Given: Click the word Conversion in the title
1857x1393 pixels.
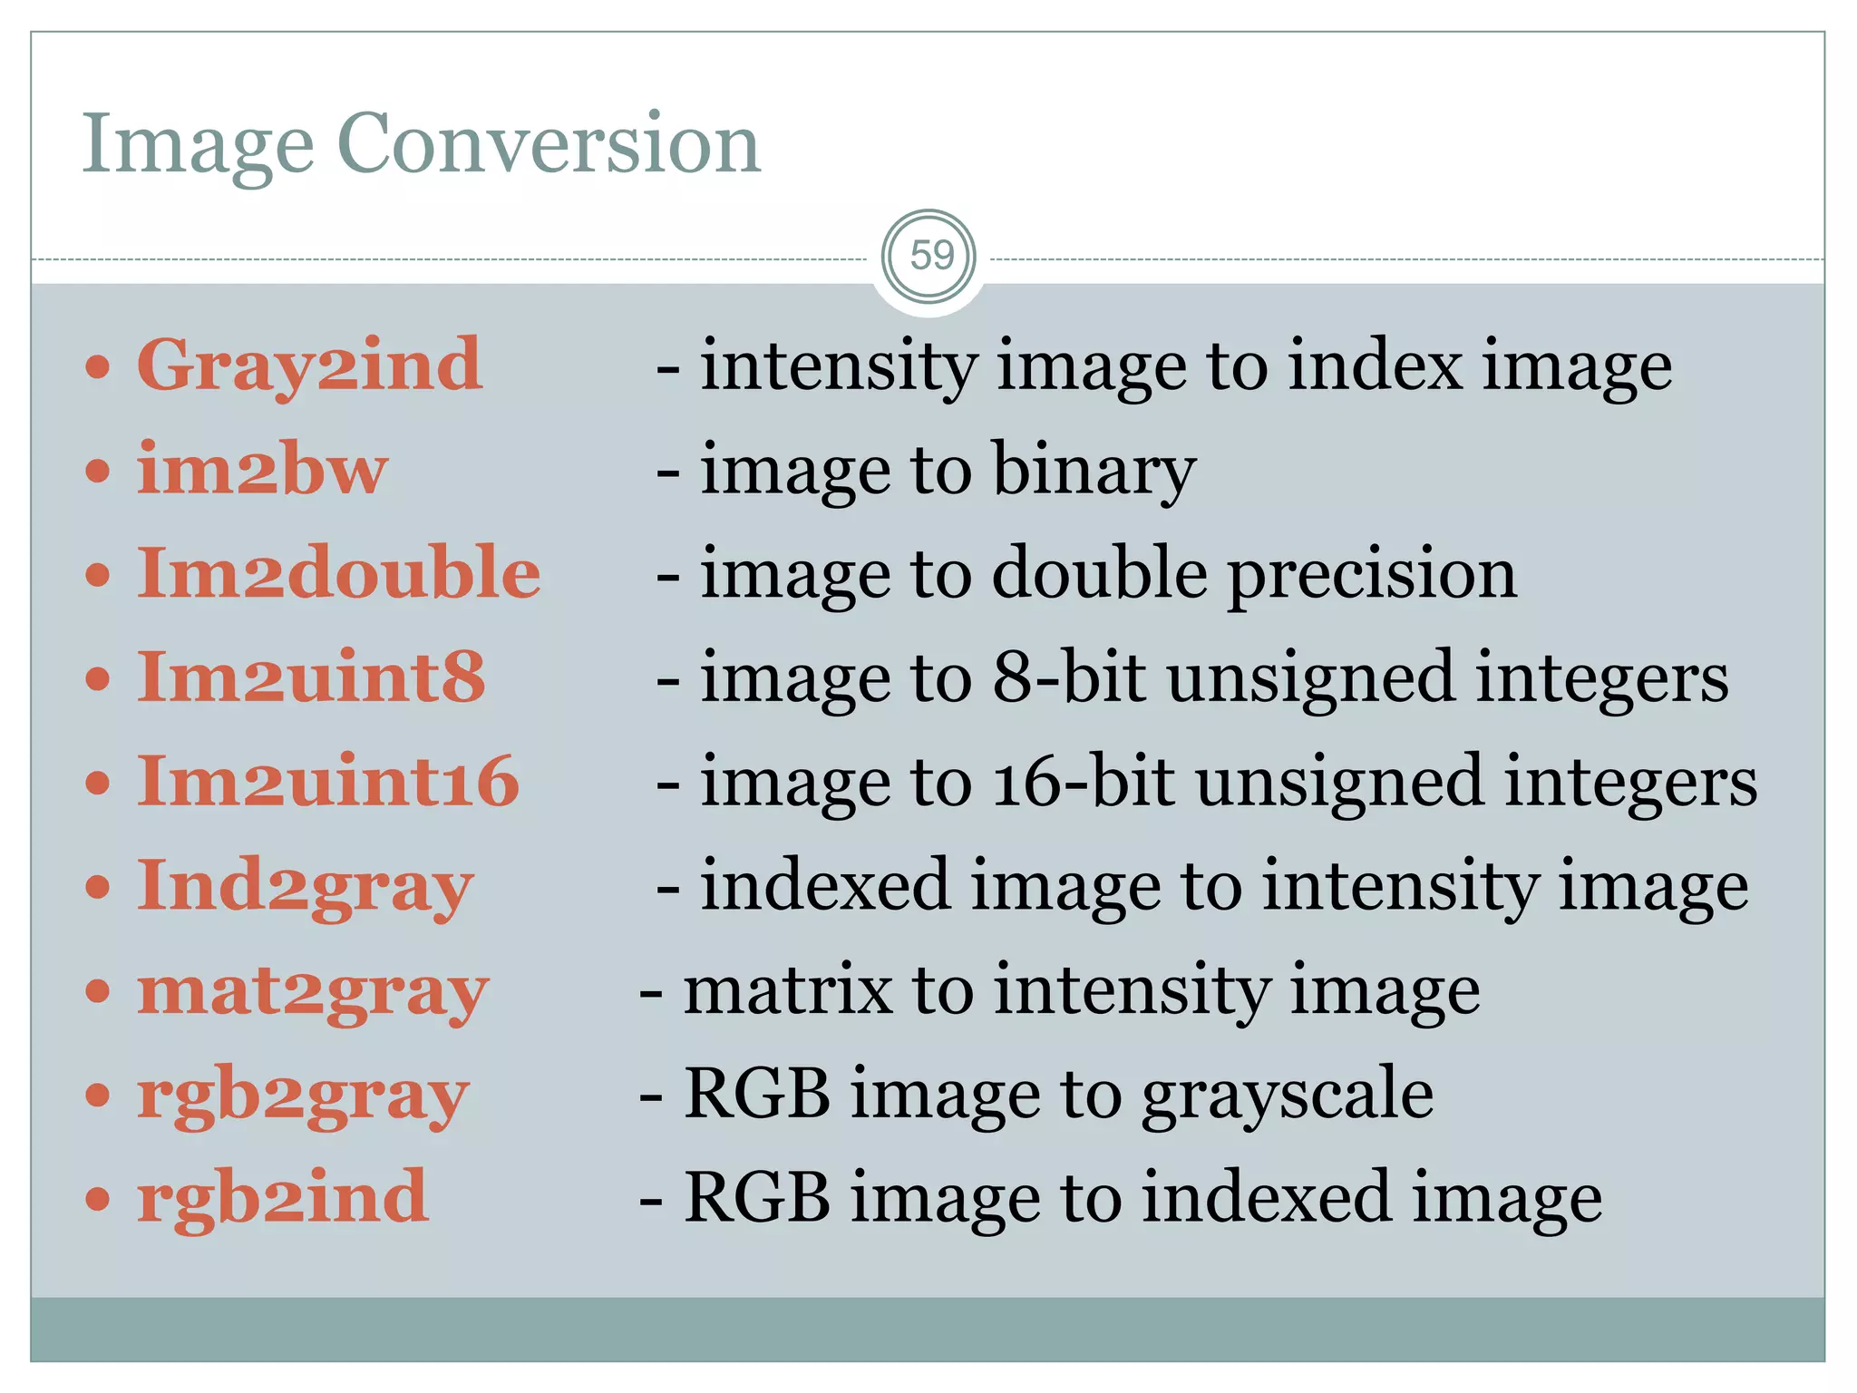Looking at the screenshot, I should (548, 144).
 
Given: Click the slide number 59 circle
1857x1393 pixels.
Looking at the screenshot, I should (929, 257).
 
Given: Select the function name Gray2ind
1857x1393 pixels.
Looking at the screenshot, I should (309, 366).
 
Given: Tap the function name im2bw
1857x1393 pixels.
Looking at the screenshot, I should (262, 471).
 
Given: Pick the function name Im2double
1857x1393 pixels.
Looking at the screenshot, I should (338, 574).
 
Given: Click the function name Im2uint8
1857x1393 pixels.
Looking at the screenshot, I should (311, 678).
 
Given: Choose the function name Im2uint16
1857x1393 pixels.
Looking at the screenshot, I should (327, 782).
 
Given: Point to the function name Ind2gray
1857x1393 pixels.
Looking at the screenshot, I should (306, 887).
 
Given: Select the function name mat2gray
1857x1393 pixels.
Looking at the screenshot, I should (313, 991).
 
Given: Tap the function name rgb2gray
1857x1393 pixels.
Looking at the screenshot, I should (303, 1096).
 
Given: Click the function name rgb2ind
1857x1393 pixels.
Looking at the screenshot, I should (282, 1198).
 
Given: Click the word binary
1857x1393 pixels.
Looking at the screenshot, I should (1094, 471).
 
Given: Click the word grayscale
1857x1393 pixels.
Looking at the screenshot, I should (1287, 1096).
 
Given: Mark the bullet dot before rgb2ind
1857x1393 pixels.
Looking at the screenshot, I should (98, 1199).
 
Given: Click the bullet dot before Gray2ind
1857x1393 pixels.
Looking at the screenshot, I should (98, 367).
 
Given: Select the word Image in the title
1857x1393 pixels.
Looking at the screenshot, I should (198, 146).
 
